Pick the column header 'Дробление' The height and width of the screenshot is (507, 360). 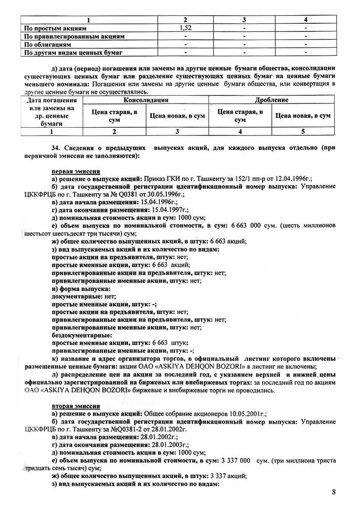pyautogui.click(x=272, y=100)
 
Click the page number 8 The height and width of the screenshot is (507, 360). pyautogui.click(x=334, y=491)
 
